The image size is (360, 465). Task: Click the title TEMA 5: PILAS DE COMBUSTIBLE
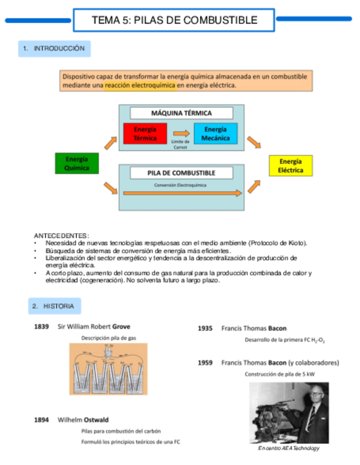coord(174,20)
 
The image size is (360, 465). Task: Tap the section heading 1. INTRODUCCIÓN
coord(54,49)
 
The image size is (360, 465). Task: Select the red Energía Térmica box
coord(145,134)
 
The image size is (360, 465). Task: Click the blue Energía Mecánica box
coord(215,134)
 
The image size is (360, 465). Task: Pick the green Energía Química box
coord(77,164)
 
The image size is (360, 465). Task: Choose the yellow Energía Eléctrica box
coord(290,166)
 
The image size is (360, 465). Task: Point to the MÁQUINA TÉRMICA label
coord(181,113)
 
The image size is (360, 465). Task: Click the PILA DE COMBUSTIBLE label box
coord(181,173)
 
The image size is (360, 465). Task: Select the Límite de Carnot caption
coord(180,144)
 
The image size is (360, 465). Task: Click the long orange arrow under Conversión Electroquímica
coord(182,193)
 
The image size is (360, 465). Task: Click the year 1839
coord(42,327)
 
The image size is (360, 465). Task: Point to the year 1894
coord(42,420)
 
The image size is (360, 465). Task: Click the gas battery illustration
coord(108,369)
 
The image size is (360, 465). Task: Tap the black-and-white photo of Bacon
coord(289,412)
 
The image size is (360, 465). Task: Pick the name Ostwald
coord(96,420)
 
